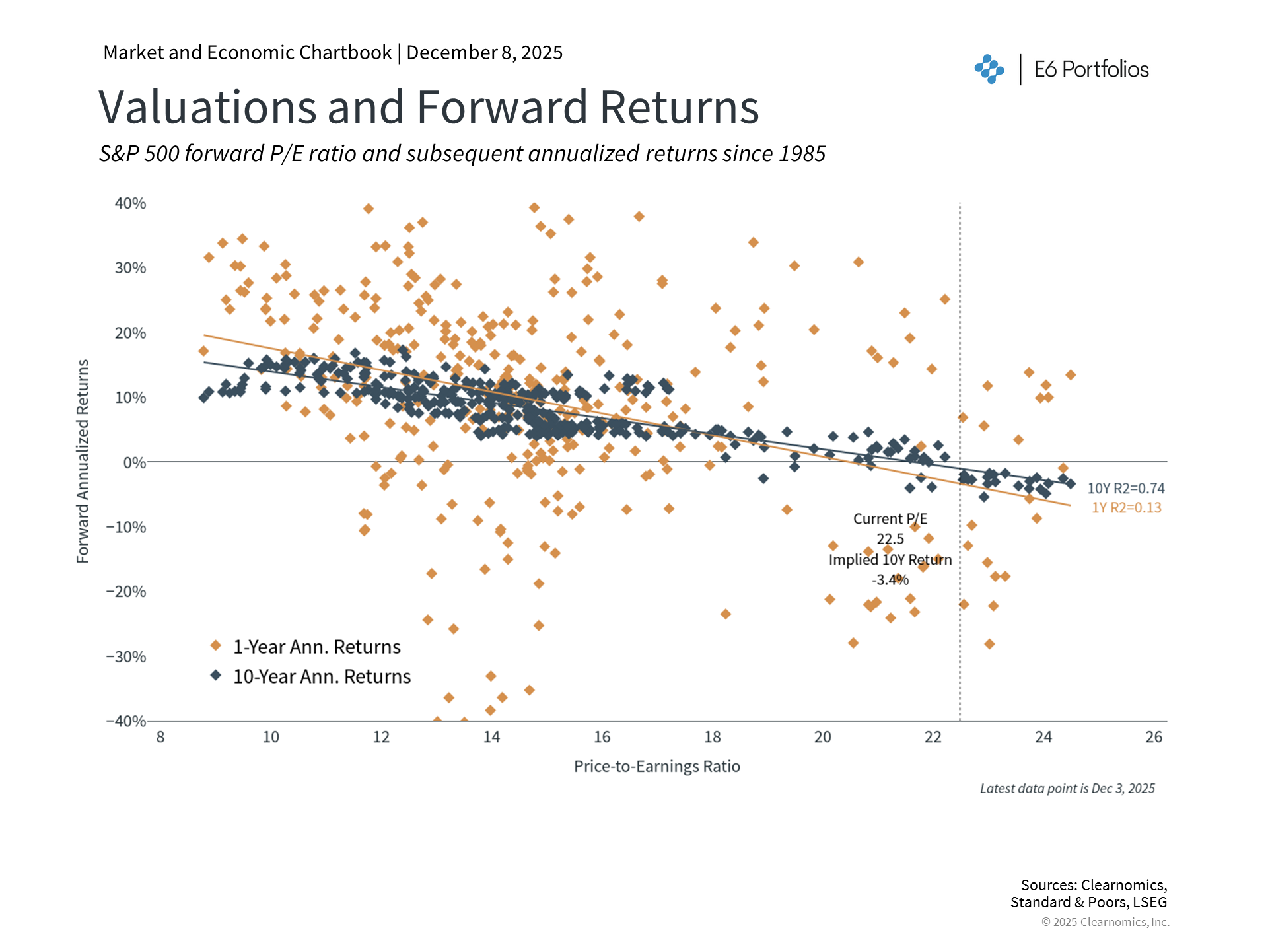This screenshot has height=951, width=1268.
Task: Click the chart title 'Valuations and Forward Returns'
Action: click(x=429, y=107)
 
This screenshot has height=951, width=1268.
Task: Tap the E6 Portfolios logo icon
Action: click(x=989, y=69)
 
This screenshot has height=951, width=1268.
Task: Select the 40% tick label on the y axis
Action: click(x=130, y=203)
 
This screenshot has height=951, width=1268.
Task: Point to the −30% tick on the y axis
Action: click(x=126, y=656)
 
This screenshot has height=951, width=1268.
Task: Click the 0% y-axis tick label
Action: click(x=135, y=462)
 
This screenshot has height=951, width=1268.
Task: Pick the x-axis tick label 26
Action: click(x=1153, y=737)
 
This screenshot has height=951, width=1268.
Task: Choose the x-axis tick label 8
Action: click(x=160, y=737)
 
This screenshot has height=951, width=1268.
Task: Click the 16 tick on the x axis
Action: click(x=602, y=737)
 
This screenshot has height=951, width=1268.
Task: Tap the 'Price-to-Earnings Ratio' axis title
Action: click(x=656, y=766)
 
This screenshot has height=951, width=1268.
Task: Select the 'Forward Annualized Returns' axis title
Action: click(x=83, y=461)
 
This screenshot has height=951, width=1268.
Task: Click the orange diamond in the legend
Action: click(x=215, y=645)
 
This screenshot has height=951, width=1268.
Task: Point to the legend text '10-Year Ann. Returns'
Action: click(x=322, y=676)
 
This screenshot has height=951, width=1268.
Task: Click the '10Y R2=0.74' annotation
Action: click(x=1125, y=488)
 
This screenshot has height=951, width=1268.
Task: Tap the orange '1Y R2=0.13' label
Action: click(x=1126, y=507)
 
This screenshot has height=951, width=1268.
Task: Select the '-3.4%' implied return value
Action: click(x=890, y=580)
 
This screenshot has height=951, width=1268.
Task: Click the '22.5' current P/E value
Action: click(x=890, y=539)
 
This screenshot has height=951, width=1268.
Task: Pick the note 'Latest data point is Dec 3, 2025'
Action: click(x=1067, y=788)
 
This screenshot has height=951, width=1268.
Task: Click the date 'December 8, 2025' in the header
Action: click(x=484, y=53)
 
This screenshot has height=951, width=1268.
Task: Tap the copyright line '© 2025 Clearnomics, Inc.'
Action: click(x=1105, y=922)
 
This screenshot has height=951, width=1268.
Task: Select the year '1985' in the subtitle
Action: click(x=802, y=153)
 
